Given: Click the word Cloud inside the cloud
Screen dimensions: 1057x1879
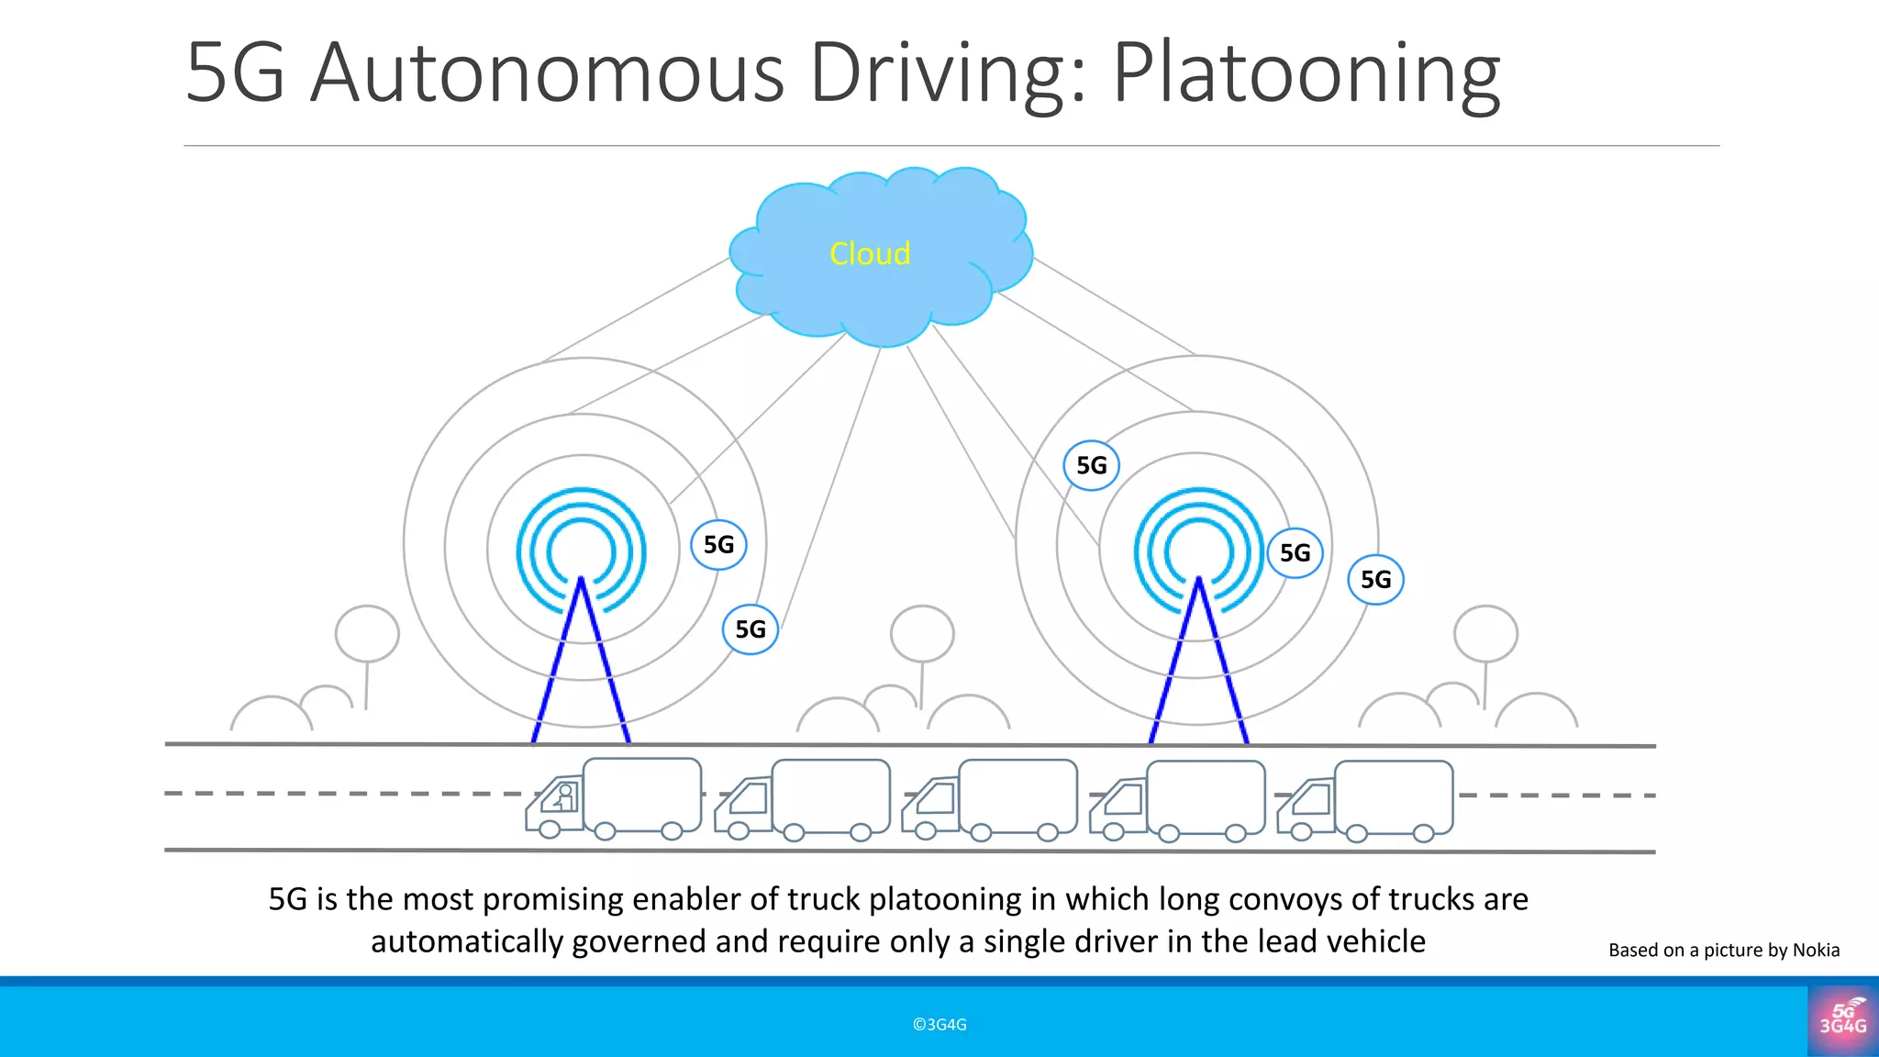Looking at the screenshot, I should [870, 253].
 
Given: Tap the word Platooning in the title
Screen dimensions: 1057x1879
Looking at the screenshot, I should [1306, 73].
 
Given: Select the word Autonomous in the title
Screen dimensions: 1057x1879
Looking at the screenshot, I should [548, 73].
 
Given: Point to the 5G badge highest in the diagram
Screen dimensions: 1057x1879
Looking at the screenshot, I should [1091, 465].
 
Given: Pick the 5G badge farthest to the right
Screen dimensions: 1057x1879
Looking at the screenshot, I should [1375, 579].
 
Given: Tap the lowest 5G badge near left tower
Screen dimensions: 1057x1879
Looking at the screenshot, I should [750, 629].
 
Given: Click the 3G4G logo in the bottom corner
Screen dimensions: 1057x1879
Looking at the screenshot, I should [1842, 1020].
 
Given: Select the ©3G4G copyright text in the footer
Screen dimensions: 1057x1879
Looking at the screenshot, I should [939, 1025].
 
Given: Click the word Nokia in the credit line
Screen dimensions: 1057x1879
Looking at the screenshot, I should [1816, 951].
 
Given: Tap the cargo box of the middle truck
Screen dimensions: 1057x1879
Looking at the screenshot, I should [1017, 794].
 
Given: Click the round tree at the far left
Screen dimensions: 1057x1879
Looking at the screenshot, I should [367, 633].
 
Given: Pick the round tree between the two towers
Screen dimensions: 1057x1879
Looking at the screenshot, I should [922, 633].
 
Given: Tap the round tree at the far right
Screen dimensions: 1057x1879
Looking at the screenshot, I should [1485, 633].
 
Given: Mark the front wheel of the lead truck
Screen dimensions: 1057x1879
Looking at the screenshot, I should [550, 829].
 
